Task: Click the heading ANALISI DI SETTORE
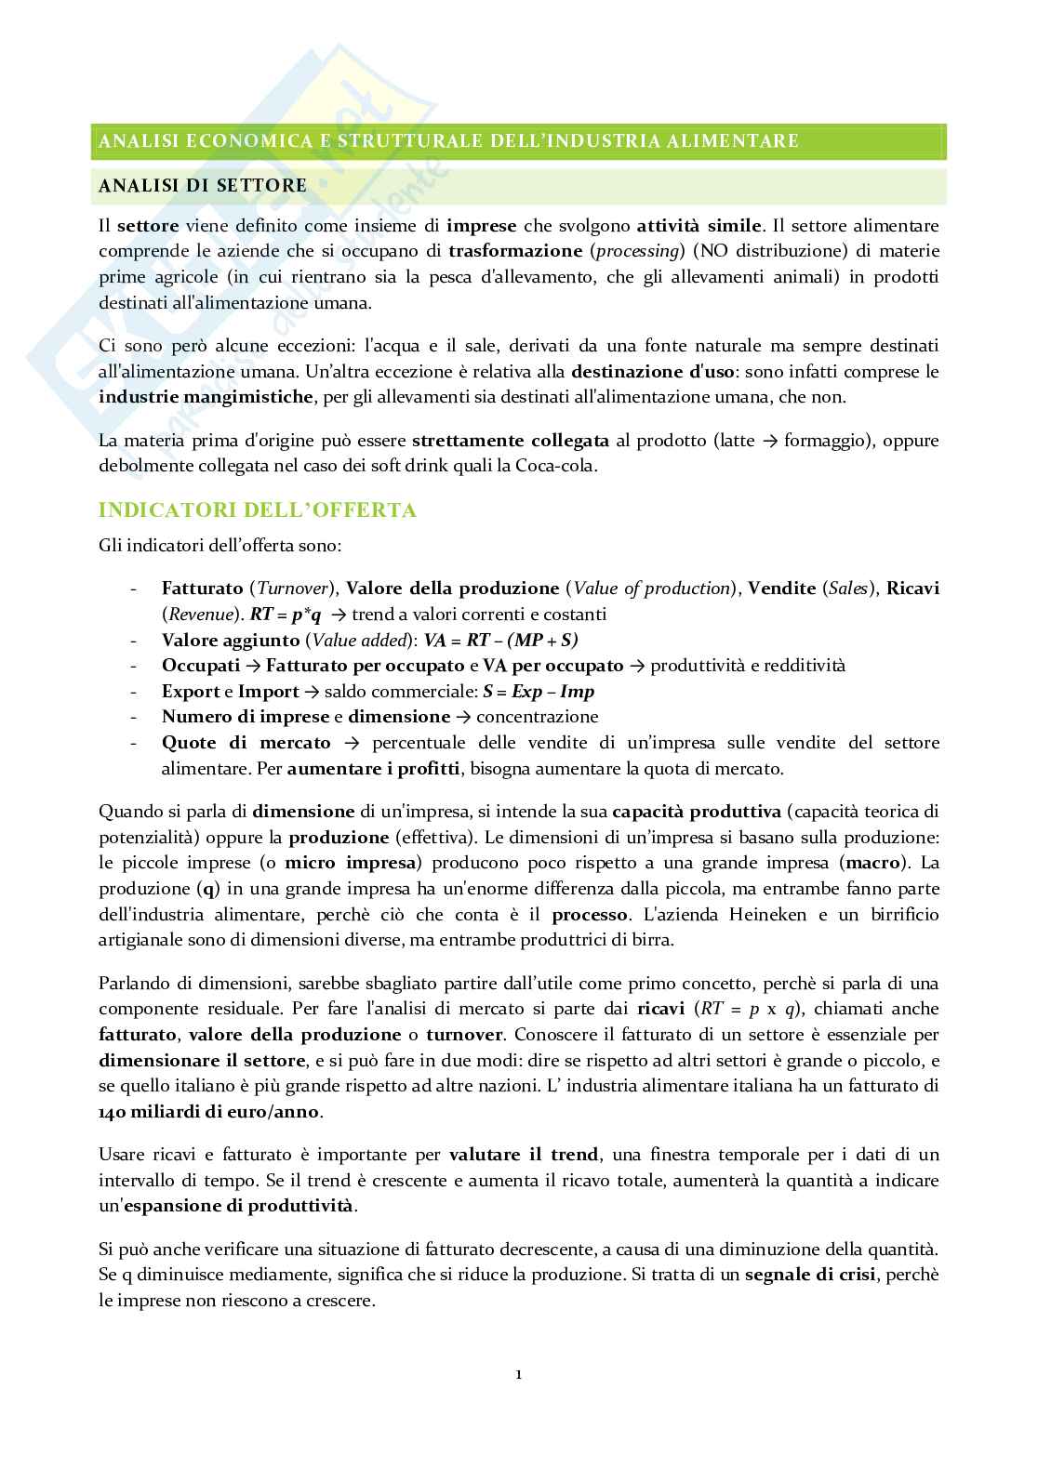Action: [202, 186]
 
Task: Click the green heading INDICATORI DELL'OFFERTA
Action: [257, 510]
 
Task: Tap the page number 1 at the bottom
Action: [518, 1375]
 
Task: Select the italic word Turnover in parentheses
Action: [293, 589]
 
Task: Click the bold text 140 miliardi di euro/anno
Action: [209, 1112]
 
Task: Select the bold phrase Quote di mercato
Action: [246, 743]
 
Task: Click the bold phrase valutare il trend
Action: [524, 1155]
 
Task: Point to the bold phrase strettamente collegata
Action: [511, 440]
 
